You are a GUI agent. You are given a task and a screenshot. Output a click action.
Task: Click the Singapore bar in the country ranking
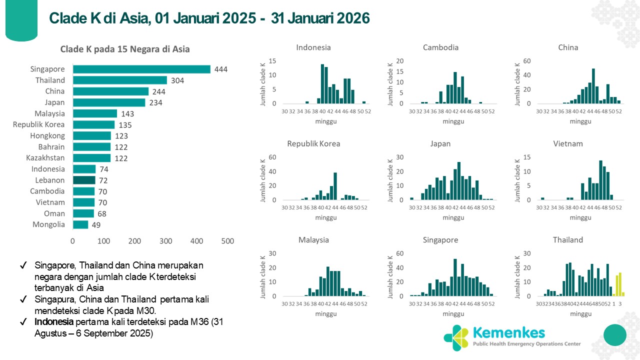click(141, 69)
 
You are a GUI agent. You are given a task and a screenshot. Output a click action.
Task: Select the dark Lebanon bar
click(84, 180)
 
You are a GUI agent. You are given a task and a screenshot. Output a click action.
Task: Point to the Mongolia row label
click(48, 224)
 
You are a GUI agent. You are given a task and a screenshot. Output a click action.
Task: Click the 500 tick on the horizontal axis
click(227, 241)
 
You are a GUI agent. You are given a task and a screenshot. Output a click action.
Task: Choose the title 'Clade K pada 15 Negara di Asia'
click(125, 49)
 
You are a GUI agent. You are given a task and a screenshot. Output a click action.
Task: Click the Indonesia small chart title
click(313, 47)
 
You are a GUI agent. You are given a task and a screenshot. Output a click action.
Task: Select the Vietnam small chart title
click(568, 143)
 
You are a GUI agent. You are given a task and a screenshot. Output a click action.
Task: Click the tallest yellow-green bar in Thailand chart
click(620, 284)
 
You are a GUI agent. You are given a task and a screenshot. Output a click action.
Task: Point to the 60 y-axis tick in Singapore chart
click(399, 253)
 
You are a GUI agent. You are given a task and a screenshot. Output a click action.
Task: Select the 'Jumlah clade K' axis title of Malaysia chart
click(263, 275)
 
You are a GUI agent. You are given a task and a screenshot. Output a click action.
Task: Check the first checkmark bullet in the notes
click(23, 265)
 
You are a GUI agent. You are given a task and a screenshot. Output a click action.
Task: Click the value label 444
click(220, 69)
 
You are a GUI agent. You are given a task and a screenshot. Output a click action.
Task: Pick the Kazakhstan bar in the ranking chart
click(91, 158)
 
